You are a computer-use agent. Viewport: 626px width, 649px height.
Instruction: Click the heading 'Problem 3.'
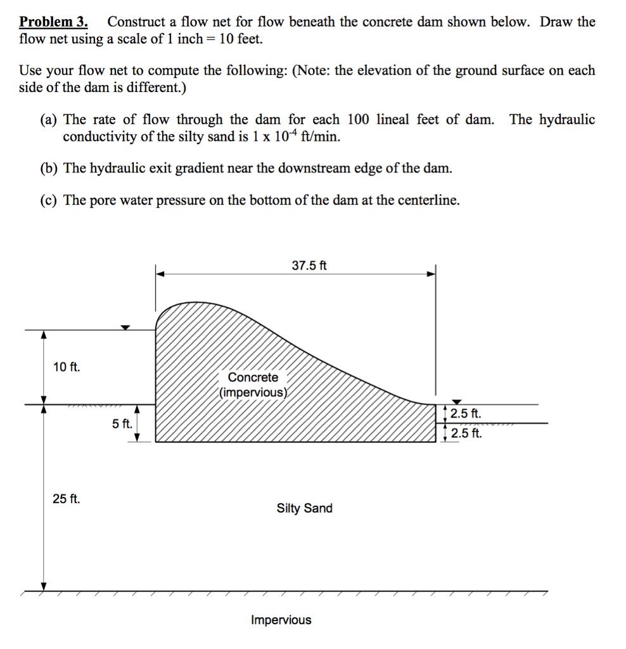pos(53,22)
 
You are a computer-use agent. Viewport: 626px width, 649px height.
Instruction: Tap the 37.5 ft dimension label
pos(309,266)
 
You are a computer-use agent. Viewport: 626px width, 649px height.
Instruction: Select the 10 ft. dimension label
pos(67,367)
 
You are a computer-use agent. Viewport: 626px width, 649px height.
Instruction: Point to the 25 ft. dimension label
pos(67,499)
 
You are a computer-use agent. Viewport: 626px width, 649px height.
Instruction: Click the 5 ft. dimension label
pos(122,423)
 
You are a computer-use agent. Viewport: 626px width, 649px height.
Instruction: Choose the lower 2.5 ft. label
pos(466,434)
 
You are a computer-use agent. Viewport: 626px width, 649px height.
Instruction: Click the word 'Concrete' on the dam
pos(253,377)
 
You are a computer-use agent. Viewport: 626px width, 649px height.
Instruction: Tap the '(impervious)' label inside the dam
pos(253,392)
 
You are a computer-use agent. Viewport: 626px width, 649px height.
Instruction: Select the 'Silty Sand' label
pos(304,508)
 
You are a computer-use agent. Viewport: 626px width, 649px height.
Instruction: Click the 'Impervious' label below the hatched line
pos(281,620)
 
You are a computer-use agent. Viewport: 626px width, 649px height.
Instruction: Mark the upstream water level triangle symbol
pos(125,327)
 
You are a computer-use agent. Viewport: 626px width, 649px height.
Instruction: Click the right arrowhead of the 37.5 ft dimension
pos(431,274)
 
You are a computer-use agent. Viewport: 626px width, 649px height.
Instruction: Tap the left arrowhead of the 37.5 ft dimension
pos(160,274)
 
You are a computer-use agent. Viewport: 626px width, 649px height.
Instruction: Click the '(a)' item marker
pos(49,120)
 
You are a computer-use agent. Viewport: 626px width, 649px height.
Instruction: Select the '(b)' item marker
pos(49,168)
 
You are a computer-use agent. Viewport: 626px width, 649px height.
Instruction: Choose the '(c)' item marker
pos(49,200)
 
